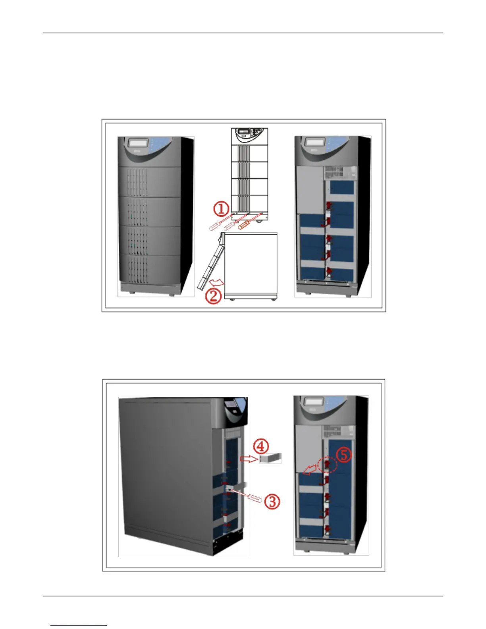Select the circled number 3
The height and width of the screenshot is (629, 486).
tap(272, 502)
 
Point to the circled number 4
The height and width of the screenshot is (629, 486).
tap(261, 446)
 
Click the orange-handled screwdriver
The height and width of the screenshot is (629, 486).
tap(243, 225)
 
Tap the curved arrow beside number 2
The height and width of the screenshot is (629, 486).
tap(217, 282)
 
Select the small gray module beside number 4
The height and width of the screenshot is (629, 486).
tap(270, 458)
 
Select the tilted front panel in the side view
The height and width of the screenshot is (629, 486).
tap(209, 262)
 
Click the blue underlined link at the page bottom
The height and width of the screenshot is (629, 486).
tap(79, 625)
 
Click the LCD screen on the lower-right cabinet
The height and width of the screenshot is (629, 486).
tap(313, 401)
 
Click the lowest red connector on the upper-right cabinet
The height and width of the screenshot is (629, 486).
tap(329, 271)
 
